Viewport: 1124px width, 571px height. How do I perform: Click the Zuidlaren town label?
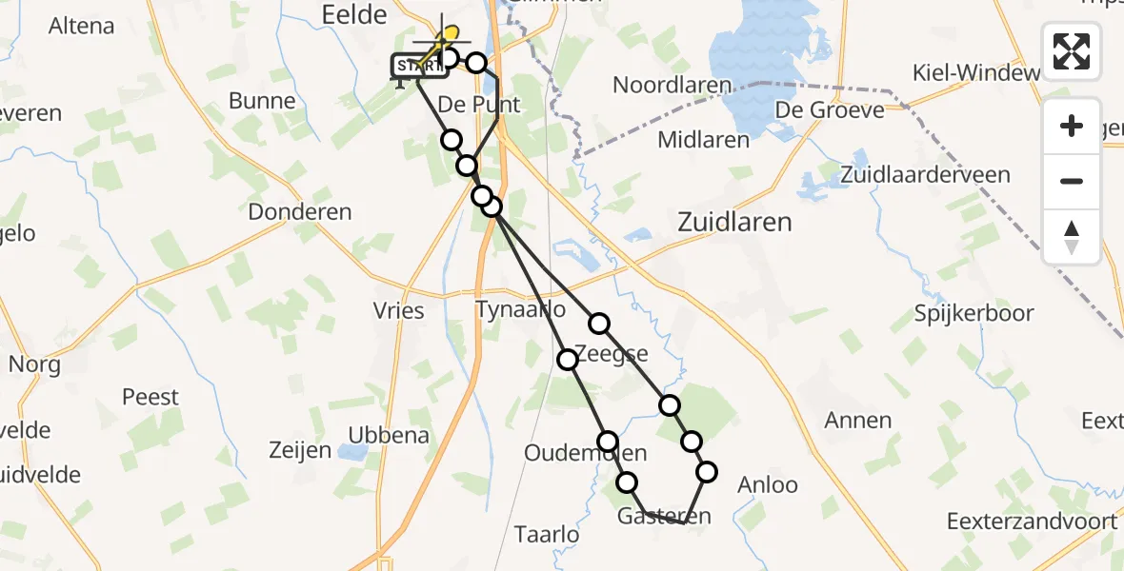pos(733,223)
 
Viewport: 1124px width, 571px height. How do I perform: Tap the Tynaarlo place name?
pos(520,310)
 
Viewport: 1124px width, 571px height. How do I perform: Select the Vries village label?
pos(399,310)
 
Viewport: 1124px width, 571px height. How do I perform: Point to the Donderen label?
pos(300,212)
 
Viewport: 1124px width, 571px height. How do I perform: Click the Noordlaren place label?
pos(672,85)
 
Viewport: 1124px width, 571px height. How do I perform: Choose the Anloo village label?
pos(768,484)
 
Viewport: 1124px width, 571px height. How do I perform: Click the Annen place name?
pos(858,420)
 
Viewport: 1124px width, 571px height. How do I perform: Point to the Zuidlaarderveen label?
pos(925,175)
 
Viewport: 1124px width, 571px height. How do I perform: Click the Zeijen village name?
pos(300,450)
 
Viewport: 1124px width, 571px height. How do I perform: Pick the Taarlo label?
pos(546,535)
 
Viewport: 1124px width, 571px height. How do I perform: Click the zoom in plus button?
pos(1072,126)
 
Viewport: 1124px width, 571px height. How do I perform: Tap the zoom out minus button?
pos(1072,181)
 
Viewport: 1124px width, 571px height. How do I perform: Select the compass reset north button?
pos(1072,236)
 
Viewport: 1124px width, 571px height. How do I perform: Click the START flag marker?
pos(417,67)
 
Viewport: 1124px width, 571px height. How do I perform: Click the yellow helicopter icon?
pos(443,42)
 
